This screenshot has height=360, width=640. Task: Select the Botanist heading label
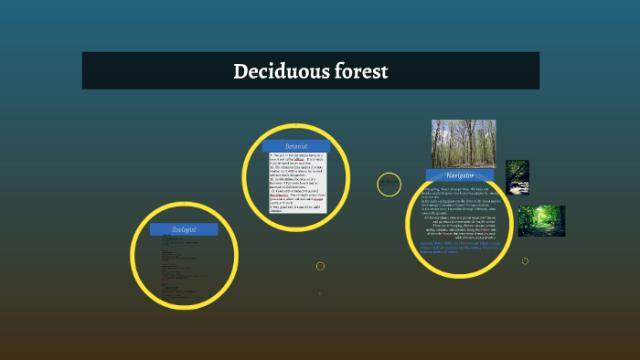click(295, 145)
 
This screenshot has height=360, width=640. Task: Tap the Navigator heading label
click(459, 175)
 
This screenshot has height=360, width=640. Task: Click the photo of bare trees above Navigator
click(463, 143)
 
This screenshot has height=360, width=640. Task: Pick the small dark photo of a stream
click(517, 177)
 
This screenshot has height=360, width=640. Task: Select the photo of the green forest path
click(541, 221)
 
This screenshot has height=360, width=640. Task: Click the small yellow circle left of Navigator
click(389, 185)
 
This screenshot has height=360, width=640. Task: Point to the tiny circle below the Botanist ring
click(320, 266)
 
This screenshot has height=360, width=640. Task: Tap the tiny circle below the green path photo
click(525, 261)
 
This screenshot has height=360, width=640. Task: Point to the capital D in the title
click(240, 70)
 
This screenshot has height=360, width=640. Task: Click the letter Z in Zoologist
click(174, 228)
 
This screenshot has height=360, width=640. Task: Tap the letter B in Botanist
click(285, 145)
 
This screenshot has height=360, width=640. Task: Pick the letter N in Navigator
click(448, 175)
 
